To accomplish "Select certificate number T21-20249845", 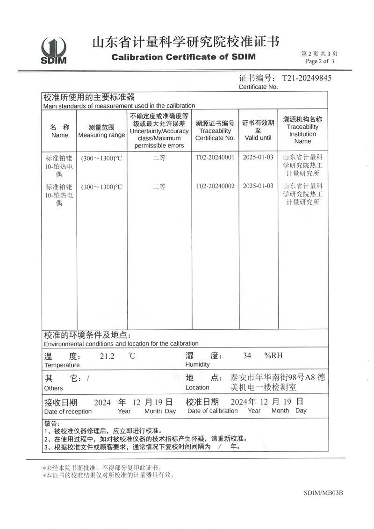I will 307,78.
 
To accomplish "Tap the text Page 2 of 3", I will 320,61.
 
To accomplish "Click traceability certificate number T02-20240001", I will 215,157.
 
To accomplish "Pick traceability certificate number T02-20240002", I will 215,186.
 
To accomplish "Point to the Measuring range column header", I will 101,131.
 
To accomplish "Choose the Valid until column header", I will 258,130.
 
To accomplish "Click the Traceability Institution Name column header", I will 302,130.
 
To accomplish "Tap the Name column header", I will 59,131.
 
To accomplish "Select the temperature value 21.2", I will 107,356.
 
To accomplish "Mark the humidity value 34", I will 247,355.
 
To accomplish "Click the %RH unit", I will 273,355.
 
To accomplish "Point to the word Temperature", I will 62,365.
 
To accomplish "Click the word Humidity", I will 197,364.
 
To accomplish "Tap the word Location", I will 197,387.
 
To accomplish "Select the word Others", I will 53,388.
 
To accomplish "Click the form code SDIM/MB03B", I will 323,493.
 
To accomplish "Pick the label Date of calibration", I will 212,411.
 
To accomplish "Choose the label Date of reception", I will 68,411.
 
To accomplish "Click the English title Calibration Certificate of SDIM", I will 184,57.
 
